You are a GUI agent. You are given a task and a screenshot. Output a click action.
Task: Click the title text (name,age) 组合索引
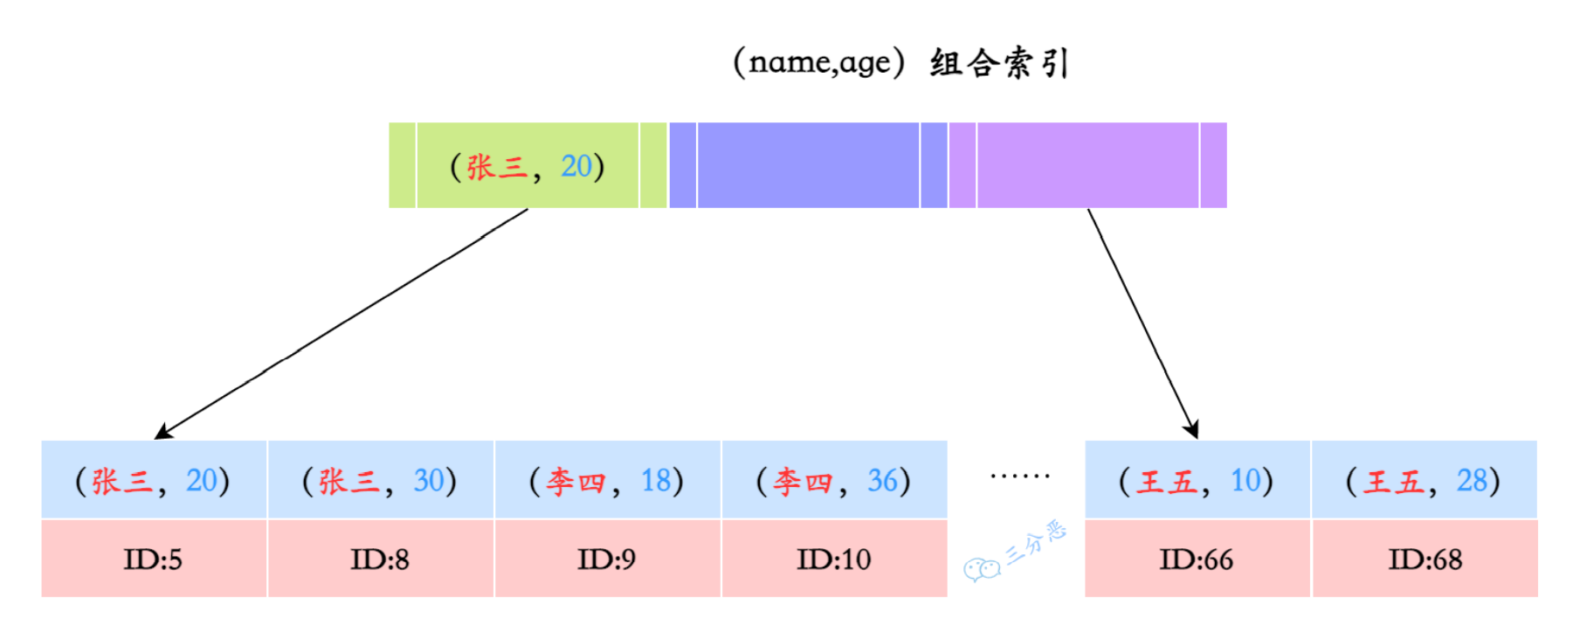900,63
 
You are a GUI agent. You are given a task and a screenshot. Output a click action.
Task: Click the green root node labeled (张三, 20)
528,165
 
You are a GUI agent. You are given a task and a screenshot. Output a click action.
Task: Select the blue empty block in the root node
808,165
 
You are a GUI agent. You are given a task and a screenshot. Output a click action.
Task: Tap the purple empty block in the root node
1087,165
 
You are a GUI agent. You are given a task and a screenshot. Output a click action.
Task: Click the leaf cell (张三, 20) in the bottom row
154,480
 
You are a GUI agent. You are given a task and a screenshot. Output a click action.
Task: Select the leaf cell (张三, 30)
380,480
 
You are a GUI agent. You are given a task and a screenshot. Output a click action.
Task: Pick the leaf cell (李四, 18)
607,480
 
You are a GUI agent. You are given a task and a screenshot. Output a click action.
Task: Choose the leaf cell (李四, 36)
834,480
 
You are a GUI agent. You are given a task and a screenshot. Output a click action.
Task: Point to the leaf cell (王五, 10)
1197,480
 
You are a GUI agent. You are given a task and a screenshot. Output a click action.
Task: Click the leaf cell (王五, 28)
1424,480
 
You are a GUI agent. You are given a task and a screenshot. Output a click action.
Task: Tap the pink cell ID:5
154,559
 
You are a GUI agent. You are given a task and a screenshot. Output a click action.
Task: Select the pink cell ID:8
380,559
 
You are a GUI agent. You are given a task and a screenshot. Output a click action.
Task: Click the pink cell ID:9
607,559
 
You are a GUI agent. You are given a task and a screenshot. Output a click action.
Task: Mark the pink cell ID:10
834,559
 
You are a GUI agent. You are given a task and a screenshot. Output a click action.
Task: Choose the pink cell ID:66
1197,559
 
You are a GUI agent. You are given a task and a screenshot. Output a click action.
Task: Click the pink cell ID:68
1425,559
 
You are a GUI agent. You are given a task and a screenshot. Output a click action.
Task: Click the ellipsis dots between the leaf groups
1019,476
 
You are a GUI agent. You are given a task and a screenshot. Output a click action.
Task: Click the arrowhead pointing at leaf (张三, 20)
162,432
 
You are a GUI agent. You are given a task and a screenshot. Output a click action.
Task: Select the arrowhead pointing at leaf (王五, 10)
1192,429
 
